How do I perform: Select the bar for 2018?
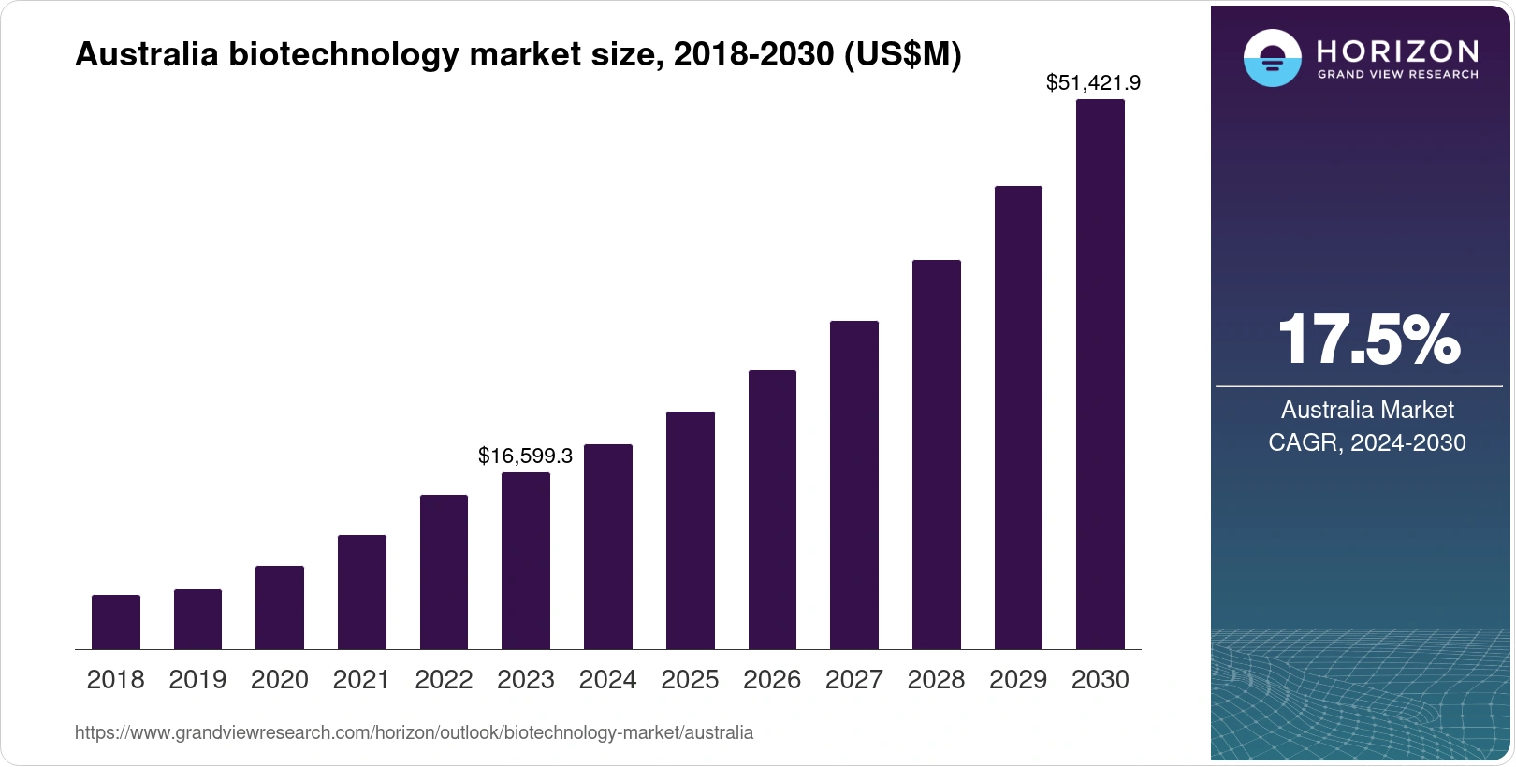tap(116, 622)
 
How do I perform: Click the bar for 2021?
tap(362, 592)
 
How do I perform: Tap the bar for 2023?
tap(526, 561)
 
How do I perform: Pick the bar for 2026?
tap(772, 510)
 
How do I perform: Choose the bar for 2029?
tap(1018, 417)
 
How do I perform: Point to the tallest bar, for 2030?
tap(1101, 374)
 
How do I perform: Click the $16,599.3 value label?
tap(525, 456)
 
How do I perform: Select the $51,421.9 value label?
tap(1093, 82)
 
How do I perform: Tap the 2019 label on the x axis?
tap(197, 679)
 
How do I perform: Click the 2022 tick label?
tap(444, 679)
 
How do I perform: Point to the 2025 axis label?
tap(690, 679)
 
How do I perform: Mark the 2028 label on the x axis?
tap(936, 679)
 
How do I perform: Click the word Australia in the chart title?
tap(146, 54)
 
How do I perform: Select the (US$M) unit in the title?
tap(902, 54)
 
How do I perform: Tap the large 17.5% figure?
tap(1368, 340)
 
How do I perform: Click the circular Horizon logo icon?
tap(1272, 58)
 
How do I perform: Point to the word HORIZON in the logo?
tap(1397, 51)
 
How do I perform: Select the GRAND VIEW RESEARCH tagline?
tap(1398, 74)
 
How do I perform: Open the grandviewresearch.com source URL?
tap(414, 732)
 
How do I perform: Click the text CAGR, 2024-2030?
tap(1367, 442)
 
